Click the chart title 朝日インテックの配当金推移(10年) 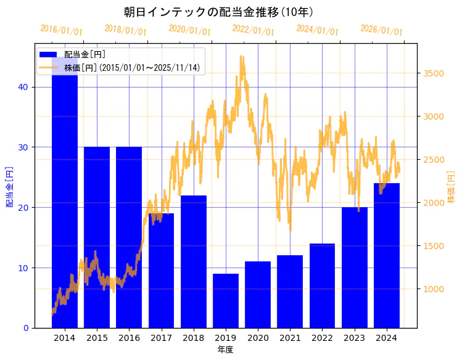[218, 12]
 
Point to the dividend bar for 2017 [161, 271]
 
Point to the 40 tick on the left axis [23, 87]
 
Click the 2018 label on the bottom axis [194, 338]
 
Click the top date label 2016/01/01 [61, 30]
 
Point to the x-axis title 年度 [225, 350]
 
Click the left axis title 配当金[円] [9, 186]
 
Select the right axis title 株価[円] [451, 187]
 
